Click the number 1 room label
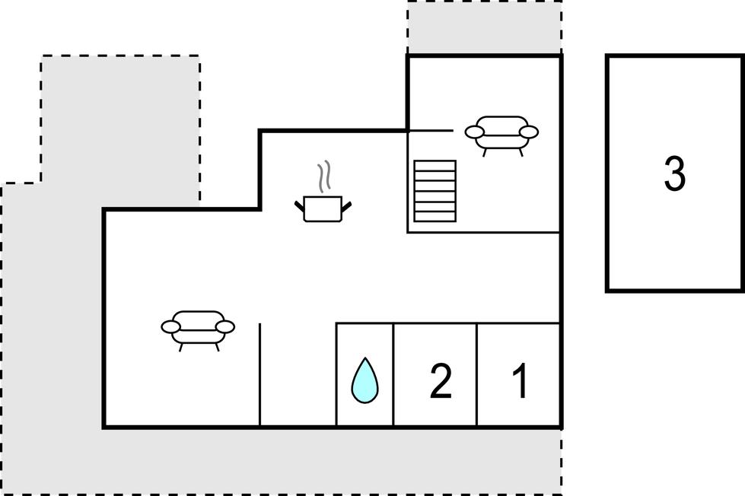click(x=521, y=381)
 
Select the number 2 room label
click(x=441, y=381)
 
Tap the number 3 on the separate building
click(x=675, y=173)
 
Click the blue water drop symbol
click(x=365, y=380)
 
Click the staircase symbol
click(x=435, y=191)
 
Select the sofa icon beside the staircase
click(x=501, y=135)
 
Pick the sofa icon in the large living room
click(x=198, y=330)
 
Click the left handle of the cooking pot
click(x=299, y=206)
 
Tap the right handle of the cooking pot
click(x=346, y=206)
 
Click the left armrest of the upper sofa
click(x=475, y=132)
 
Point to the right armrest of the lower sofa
click(x=225, y=327)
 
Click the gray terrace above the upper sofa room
click(x=484, y=27)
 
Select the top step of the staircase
click(x=435, y=166)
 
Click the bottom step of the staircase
click(x=435, y=217)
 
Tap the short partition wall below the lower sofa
click(x=260, y=375)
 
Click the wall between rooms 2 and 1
click(x=476, y=375)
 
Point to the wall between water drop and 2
click(x=393, y=375)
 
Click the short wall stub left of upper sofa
click(x=431, y=130)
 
